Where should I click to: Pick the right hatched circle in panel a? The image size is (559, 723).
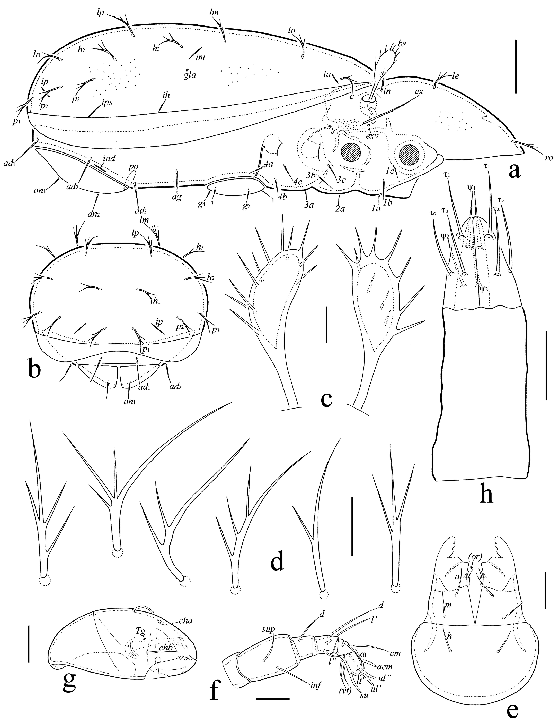[409, 154]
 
